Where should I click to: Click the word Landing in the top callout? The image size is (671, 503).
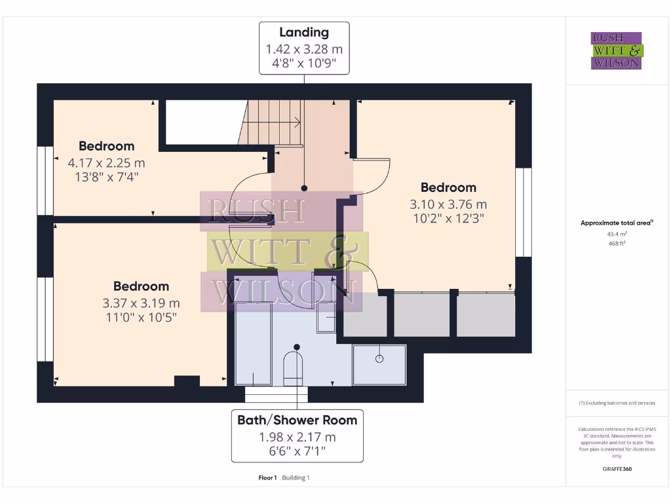303,32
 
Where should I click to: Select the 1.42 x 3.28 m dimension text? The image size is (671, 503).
303,49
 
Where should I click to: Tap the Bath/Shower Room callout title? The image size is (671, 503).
297,420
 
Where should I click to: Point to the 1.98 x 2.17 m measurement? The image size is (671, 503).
297,437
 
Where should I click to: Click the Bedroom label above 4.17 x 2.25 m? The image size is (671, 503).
106,146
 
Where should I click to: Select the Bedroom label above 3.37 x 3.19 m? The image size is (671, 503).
141,286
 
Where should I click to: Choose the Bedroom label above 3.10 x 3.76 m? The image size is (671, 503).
448,187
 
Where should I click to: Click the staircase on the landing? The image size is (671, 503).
274,121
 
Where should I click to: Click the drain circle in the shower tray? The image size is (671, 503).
379,358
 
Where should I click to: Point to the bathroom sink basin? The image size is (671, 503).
326,319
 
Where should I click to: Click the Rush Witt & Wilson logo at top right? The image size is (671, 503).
617,50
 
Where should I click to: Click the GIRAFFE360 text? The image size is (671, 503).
616,469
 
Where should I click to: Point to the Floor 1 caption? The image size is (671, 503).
268,477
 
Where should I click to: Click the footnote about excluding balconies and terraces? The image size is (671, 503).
616,403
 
